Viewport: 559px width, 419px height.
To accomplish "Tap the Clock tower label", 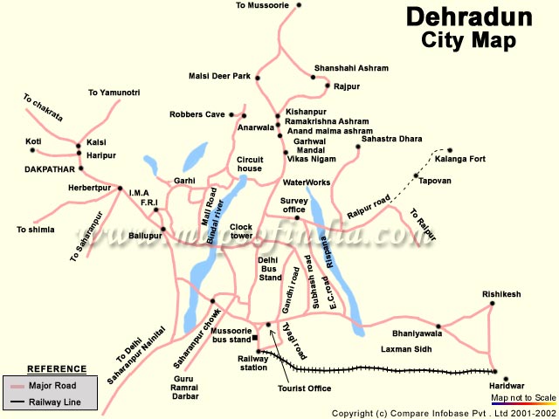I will click(241, 231).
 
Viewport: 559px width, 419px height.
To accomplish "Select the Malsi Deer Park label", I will click(219, 76).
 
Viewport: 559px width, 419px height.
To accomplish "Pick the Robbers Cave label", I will click(197, 114).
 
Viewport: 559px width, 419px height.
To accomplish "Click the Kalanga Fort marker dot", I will click(451, 150).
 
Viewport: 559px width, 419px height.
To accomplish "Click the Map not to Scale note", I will click(523, 397).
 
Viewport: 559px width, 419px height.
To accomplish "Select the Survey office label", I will click(293, 205).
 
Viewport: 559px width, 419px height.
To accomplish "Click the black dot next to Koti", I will click(51, 141).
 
